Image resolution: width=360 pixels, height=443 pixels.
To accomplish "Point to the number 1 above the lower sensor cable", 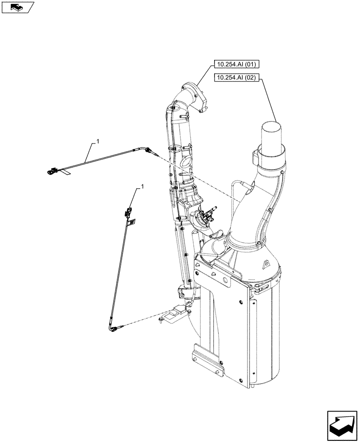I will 143,188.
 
